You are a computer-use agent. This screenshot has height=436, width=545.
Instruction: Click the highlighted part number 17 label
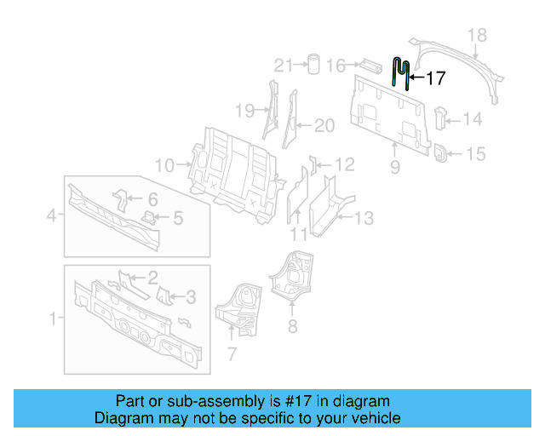click(435, 79)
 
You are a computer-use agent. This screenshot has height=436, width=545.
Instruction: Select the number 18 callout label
click(478, 35)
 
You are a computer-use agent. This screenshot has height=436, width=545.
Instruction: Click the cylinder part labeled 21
click(313, 65)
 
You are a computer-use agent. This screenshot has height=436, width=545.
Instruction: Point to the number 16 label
click(336, 66)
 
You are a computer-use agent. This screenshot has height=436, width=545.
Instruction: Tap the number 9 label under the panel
click(395, 169)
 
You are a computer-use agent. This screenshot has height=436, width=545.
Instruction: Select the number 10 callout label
click(164, 164)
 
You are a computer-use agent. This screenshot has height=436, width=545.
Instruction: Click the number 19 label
click(244, 111)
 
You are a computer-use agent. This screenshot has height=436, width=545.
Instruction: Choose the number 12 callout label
click(343, 164)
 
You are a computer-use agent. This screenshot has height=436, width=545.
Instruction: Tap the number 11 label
click(298, 234)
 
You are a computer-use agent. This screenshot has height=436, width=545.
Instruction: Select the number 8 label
click(292, 324)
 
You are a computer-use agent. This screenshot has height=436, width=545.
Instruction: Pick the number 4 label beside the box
click(51, 215)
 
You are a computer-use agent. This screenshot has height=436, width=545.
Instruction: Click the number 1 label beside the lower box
click(53, 319)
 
